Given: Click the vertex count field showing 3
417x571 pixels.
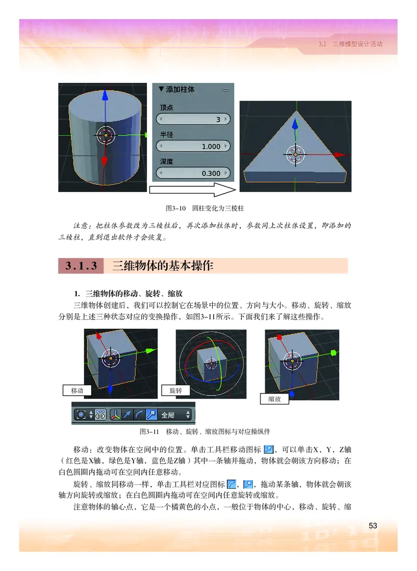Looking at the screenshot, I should [193, 120].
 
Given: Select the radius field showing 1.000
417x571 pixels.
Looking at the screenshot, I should [193, 146].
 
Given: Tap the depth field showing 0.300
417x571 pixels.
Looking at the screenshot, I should [193, 173].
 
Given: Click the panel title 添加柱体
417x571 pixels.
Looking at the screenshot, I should [180, 90].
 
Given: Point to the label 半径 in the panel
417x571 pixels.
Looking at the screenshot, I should [166, 135].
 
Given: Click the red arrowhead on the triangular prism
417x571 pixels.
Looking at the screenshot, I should [341, 155].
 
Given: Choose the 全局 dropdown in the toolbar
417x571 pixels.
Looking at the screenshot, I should [175, 415].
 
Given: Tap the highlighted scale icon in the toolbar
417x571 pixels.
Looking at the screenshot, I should [150, 415].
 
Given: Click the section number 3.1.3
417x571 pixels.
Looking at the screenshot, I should [81, 266].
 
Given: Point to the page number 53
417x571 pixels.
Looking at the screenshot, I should [373, 526].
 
